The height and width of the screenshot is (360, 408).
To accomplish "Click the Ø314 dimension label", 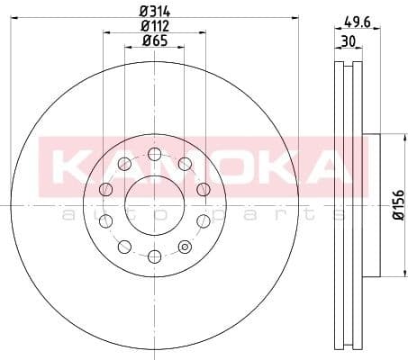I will coord(154,12).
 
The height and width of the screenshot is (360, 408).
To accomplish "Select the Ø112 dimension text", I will coord(154,25).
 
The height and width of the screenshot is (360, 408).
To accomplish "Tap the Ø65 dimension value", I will coord(154,40).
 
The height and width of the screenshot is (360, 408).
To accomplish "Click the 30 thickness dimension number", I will coord(348,41).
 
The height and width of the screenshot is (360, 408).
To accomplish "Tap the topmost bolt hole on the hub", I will coord(154,152).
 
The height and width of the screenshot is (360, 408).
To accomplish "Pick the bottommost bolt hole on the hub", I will coord(154,257).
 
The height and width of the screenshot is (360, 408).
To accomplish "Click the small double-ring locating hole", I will coord(186,247).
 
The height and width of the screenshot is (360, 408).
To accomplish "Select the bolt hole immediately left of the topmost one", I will coord(122,163).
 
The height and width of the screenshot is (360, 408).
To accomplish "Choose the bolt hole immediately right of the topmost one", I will coord(186,163).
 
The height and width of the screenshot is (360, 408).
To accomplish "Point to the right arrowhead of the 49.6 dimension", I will coord(379,29).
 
